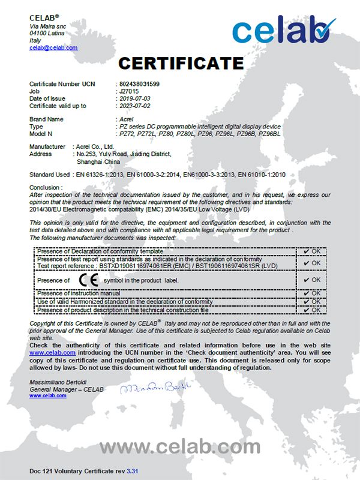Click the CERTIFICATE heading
pos(180,62)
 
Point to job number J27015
pos(129,91)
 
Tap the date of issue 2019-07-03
pos(135,98)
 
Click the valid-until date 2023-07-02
pos(135,106)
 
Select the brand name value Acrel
pos(126,119)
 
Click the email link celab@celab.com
pos(53,47)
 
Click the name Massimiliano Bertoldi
pos(57,382)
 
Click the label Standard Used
pos(49,175)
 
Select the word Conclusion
pos(45,188)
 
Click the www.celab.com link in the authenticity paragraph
pos(52,353)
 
